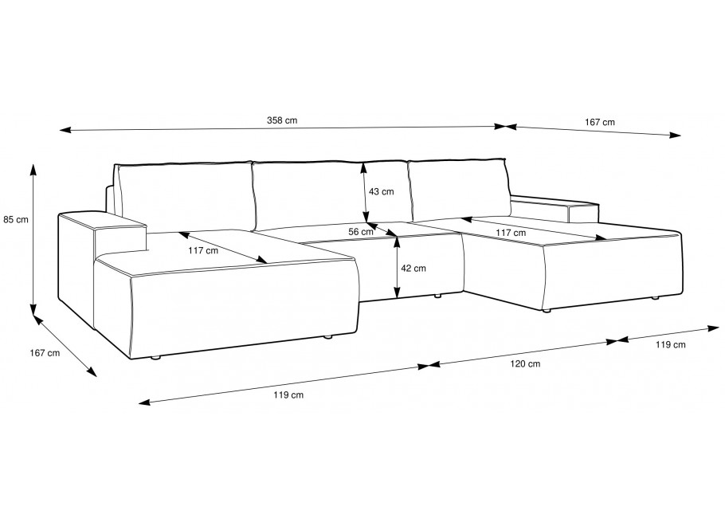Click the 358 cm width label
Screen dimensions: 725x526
(282, 121)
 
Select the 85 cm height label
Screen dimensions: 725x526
(16, 220)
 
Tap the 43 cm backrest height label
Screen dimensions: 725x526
(382, 191)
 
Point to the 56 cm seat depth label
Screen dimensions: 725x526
(361, 232)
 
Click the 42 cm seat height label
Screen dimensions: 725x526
(413, 269)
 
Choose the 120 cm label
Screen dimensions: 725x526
(525, 364)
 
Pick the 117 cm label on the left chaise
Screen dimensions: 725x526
(203, 251)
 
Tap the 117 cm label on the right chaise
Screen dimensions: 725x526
(511, 233)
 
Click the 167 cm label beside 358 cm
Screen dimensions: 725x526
(600, 123)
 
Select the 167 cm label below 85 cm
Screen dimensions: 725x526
(45, 353)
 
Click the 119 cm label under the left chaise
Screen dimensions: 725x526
(288, 395)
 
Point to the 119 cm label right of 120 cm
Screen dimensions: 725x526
(671, 344)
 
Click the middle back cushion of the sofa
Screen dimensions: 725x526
(331, 194)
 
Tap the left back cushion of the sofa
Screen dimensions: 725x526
(186, 197)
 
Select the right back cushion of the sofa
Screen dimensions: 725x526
(459, 190)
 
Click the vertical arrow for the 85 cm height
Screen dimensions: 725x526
(33, 239)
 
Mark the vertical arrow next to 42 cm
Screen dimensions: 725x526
(397, 266)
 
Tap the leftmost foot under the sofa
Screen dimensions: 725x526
(156, 358)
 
